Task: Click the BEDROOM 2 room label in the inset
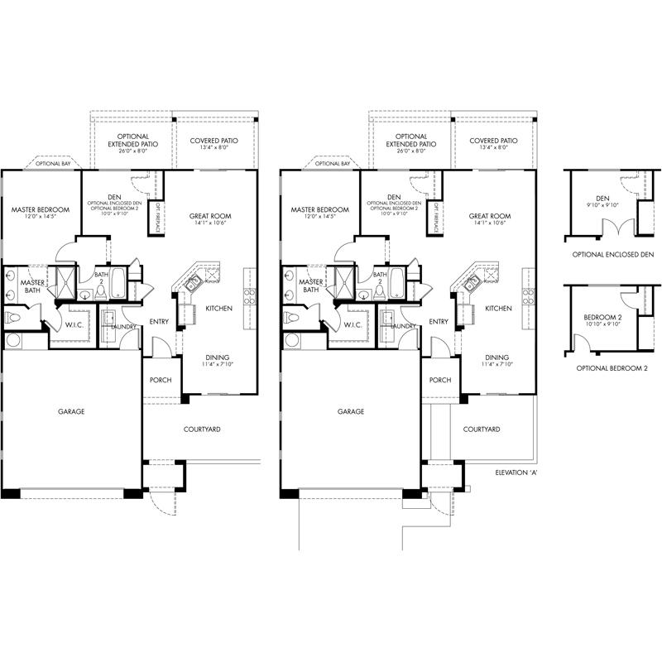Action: pyautogui.click(x=603, y=318)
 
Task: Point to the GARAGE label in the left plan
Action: pyautogui.click(x=71, y=411)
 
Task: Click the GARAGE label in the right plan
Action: pyautogui.click(x=351, y=411)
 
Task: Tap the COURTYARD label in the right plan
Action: pyautogui.click(x=481, y=429)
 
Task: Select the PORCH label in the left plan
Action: pyautogui.click(x=161, y=380)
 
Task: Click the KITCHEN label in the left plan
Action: pyautogui.click(x=218, y=308)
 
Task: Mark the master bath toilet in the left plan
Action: pyautogui.click(x=13, y=317)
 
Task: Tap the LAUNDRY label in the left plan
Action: pyautogui.click(x=123, y=326)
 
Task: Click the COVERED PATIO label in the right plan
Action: pyautogui.click(x=493, y=142)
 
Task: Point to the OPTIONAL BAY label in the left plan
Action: pyautogui.click(x=53, y=164)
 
